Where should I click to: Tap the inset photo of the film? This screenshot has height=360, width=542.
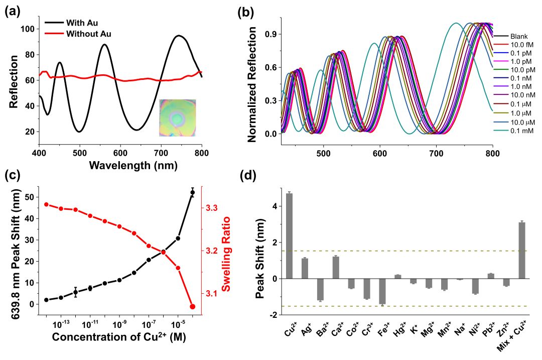pos(178,118)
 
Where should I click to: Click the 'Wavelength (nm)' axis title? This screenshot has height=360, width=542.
pos(120,165)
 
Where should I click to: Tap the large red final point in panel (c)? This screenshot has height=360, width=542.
pos(192,306)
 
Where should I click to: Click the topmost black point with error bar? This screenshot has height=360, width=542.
pos(192,192)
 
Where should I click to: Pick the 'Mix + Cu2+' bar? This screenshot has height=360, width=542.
pos(522,251)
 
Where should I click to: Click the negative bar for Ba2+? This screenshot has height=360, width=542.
pos(320,290)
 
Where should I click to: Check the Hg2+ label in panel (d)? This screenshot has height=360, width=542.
pos(398,332)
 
